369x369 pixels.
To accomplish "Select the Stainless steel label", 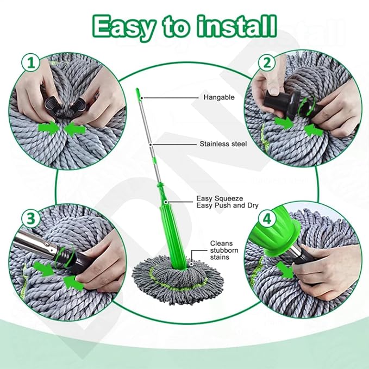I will coord(223,144).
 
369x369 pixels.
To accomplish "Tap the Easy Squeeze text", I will coord(220,199).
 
